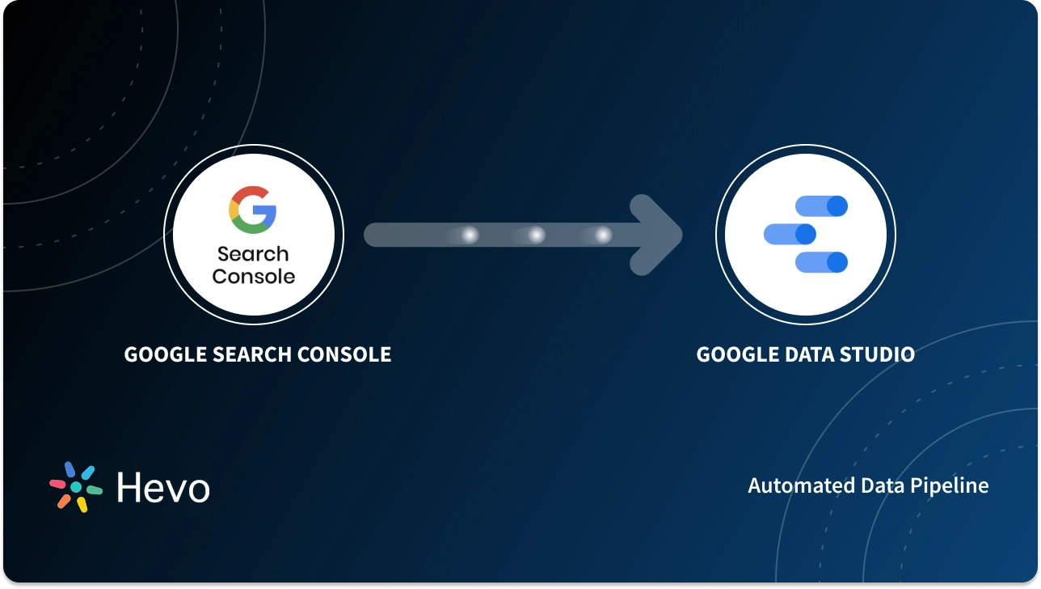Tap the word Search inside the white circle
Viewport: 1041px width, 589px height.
coord(253,254)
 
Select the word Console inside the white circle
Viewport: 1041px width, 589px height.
coord(253,276)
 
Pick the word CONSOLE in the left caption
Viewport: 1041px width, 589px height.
coord(345,354)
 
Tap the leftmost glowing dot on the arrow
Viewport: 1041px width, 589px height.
coord(469,235)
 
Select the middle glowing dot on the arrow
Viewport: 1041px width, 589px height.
coord(536,235)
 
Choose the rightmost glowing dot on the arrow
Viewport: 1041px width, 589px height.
coord(602,235)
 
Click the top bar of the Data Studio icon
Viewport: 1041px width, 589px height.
coord(821,206)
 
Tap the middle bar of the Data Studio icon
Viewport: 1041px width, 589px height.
coord(790,235)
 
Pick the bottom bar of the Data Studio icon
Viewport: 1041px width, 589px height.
coord(821,262)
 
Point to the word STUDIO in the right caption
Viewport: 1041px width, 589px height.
coord(883,354)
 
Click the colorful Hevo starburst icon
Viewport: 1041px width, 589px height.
coord(76,487)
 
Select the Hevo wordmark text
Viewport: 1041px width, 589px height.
coord(163,487)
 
